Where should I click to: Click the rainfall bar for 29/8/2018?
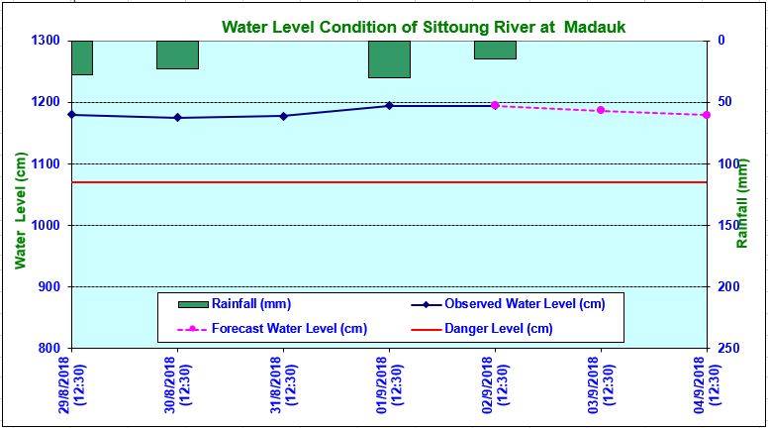tap(81, 57)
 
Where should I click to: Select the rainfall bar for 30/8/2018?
tap(177, 54)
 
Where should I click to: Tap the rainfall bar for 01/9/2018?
tap(389, 59)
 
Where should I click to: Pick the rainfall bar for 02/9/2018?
tap(495, 50)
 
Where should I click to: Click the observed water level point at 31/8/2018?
tap(283, 116)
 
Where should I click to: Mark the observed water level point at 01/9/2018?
tap(389, 105)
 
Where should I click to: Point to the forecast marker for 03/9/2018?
tap(601, 110)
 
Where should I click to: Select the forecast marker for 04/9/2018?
tap(706, 115)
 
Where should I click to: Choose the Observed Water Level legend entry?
tap(525, 303)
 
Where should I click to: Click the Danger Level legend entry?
tap(498, 328)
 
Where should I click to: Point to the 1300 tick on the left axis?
tap(46, 41)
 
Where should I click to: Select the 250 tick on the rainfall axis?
tap(727, 348)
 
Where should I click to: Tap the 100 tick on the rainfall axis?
tap(727, 163)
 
